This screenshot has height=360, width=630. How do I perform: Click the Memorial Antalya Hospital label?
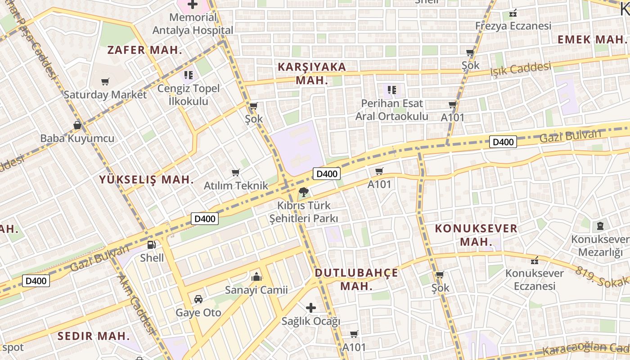tap(193, 24)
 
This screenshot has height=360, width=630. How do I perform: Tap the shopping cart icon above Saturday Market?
tap(105, 82)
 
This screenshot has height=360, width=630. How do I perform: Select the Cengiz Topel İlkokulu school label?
tap(188, 94)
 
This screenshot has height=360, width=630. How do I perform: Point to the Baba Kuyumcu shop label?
tap(77, 138)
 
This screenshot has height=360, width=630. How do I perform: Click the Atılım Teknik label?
tap(236, 185)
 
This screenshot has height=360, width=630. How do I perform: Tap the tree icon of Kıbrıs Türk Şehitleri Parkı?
tap(304, 193)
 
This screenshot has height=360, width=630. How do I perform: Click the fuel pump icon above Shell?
tap(152, 245)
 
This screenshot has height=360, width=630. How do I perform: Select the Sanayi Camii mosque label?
tap(256, 290)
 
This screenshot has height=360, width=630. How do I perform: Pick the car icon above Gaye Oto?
tap(198, 299)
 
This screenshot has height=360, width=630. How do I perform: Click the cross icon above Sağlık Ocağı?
tap(310, 308)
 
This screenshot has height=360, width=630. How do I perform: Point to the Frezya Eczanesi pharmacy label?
tap(513, 26)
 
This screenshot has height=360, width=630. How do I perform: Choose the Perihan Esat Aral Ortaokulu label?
tap(391, 110)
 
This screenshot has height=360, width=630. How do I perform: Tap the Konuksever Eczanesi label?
tap(535, 279)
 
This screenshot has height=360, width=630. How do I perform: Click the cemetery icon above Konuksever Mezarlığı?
tap(600, 225)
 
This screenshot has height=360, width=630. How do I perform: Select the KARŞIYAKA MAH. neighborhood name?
tap(312, 74)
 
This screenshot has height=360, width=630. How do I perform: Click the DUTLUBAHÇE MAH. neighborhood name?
tap(356, 279)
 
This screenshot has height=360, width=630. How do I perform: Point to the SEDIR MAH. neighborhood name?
tap(94, 336)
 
